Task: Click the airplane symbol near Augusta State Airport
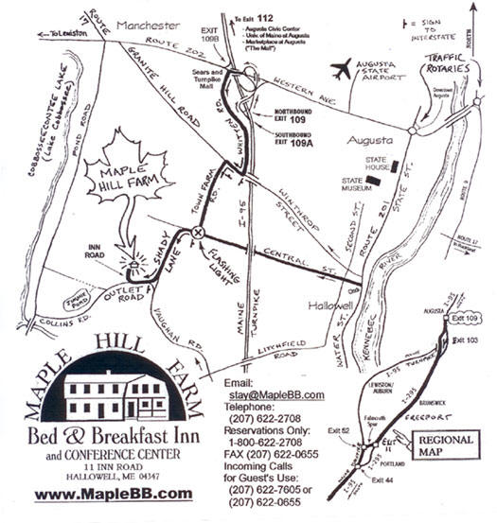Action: (x=339, y=70)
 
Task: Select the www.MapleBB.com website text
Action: (x=113, y=493)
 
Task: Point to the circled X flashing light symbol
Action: (x=198, y=232)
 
